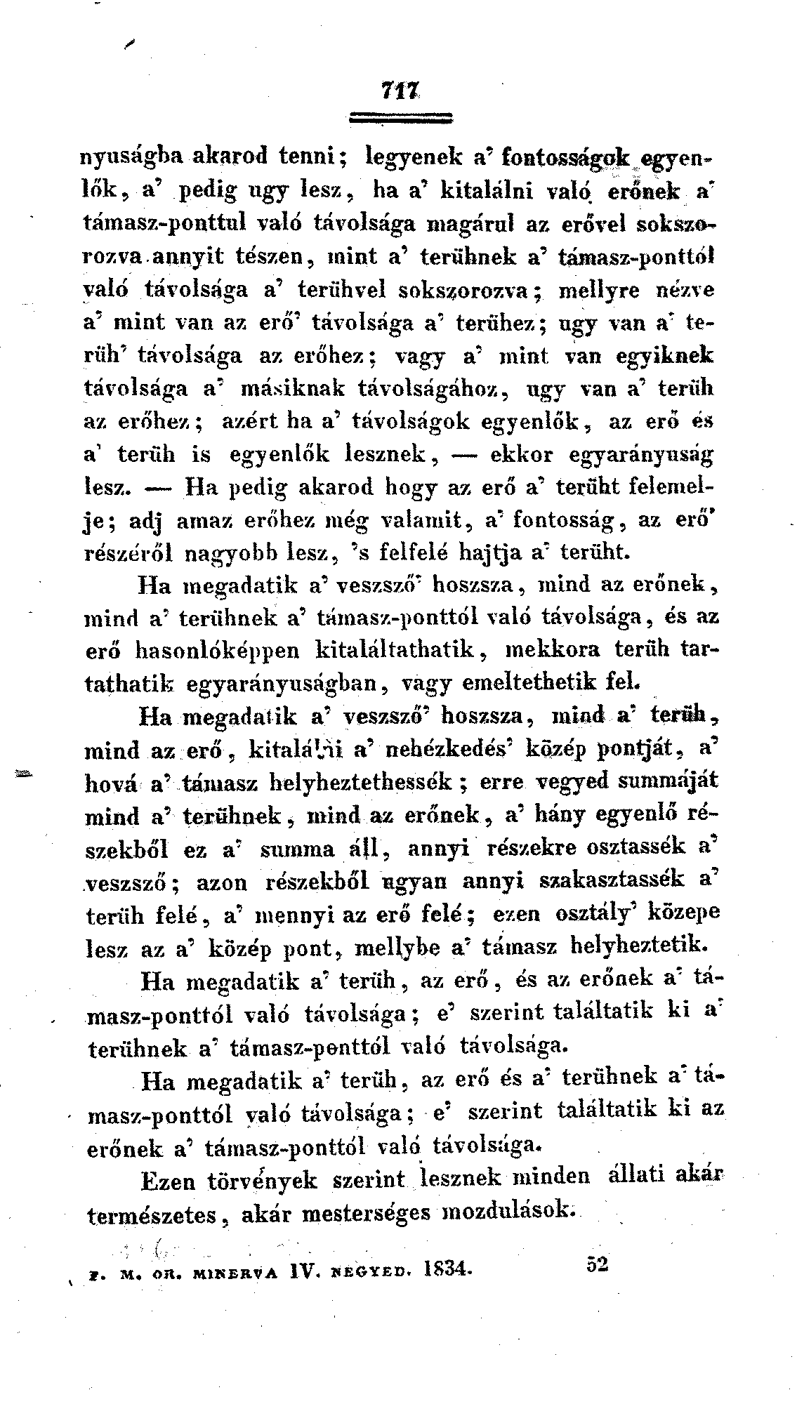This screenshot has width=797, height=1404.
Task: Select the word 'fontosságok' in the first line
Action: point(540,157)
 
